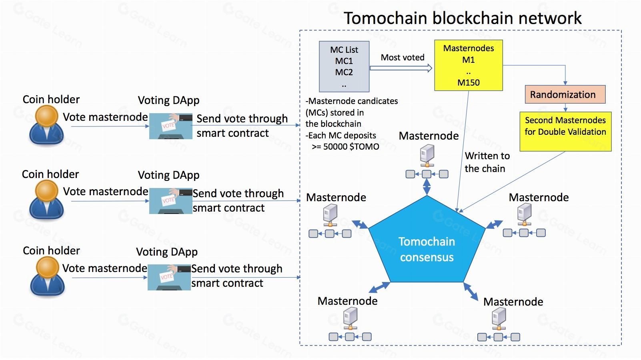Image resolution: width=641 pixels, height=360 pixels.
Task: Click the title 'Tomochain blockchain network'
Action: click(x=463, y=18)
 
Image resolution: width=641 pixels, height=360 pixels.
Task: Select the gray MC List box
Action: click(x=344, y=66)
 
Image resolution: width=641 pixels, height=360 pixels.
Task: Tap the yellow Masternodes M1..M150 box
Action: click(x=469, y=65)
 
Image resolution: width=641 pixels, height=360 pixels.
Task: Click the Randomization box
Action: click(x=565, y=94)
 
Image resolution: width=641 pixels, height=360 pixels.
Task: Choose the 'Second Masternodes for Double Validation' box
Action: click(x=565, y=132)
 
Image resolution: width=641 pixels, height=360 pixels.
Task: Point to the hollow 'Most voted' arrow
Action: click(x=401, y=68)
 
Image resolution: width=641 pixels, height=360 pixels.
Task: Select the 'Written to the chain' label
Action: click(x=487, y=162)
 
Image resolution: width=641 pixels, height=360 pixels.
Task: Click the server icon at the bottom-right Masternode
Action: click(x=499, y=319)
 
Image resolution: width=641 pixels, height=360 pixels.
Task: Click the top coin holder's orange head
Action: click(x=46, y=116)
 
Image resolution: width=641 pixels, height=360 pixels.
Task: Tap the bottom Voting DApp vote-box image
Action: click(x=169, y=277)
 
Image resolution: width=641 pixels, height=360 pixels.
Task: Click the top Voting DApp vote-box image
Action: click(x=171, y=126)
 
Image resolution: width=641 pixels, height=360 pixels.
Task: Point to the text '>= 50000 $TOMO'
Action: click(x=345, y=147)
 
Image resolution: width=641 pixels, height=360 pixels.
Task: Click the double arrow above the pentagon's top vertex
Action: click(x=427, y=187)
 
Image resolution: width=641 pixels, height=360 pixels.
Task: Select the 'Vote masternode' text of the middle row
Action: click(x=105, y=192)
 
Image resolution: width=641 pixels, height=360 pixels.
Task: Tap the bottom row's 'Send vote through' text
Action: click(x=236, y=269)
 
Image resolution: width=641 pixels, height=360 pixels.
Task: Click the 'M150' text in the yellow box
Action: click(x=469, y=83)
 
